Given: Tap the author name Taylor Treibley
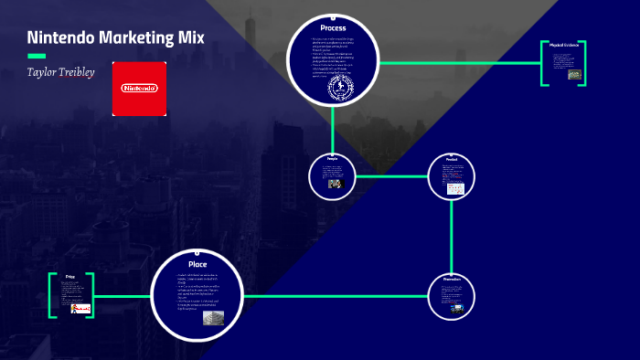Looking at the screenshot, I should click(60, 71).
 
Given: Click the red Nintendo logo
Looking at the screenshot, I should click(139, 89).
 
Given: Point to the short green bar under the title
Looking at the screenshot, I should click(37, 55).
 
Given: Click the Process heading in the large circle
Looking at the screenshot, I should click(333, 28).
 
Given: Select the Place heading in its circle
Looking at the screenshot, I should click(197, 264).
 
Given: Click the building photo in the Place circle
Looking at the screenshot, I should click(213, 316).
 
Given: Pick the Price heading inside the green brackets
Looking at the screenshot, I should click(70, 276).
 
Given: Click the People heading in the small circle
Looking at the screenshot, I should click(333, 159).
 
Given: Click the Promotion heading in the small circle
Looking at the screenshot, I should click(453, 279).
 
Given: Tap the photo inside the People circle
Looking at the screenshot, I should click(335, 184).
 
